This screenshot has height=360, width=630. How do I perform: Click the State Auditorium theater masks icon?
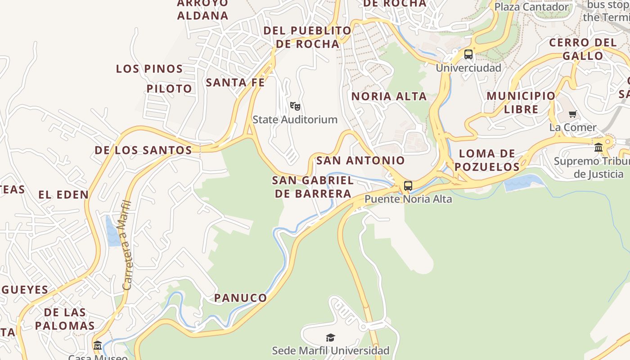(x=295, y=106)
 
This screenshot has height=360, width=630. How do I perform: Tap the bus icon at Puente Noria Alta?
(x=408, y=185)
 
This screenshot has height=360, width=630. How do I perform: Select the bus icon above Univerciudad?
(x=468, y=55)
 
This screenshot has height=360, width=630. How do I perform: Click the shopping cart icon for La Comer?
(x=572, y=114)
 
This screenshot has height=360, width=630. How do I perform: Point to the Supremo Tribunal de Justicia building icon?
(x=598, y=147)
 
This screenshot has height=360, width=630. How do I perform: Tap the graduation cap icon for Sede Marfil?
(x=330, y=337)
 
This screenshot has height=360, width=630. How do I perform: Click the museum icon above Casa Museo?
(x=98, y=346)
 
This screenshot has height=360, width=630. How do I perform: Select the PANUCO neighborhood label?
(x=240, y=298)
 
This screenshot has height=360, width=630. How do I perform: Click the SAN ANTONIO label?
(x=360, y=161)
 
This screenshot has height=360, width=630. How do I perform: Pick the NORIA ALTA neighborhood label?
(x=389, y=96)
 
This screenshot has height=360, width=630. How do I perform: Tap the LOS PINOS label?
(x=149, y=69)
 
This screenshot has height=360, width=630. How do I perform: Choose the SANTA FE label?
(x=235, y=83)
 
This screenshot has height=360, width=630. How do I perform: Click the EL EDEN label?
(x=63, y=195)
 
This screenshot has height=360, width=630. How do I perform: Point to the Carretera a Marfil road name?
(x=127, y=245)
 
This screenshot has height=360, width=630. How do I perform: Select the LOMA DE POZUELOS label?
(x=487, y=160)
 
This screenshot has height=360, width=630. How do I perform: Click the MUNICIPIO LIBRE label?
(x=521, y=103)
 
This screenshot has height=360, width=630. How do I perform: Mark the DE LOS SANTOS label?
(x=143, y=150)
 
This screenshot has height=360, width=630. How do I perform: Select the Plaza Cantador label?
(x=531, y=7)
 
